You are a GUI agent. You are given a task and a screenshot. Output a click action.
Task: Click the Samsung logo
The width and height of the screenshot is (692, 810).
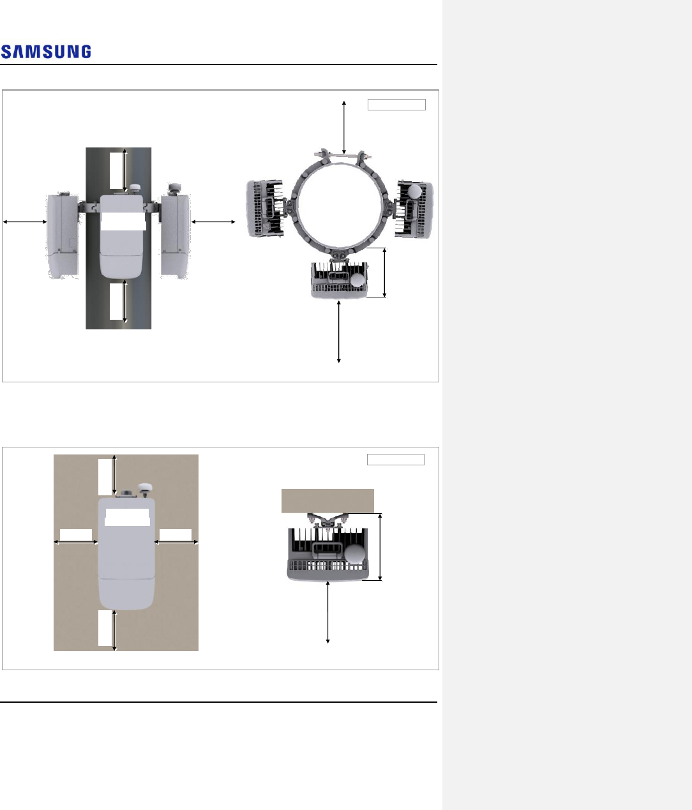46,52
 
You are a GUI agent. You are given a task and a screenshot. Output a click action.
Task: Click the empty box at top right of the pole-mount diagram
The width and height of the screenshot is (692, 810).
396,105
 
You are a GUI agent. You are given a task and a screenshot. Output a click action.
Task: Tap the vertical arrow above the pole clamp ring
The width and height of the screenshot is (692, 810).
344,128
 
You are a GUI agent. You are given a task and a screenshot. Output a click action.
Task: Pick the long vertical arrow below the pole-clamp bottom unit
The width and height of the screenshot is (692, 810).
339,331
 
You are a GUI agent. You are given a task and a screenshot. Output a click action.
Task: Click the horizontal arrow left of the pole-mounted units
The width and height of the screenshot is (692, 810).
25,221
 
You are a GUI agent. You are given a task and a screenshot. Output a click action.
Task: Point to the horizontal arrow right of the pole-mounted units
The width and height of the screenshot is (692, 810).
213,221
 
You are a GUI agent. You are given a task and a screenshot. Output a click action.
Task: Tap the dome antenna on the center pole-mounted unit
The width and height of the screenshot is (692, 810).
135,188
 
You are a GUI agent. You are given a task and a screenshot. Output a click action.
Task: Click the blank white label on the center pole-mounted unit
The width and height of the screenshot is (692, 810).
123,221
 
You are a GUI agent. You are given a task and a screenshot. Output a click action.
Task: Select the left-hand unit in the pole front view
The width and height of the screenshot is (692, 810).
63,236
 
